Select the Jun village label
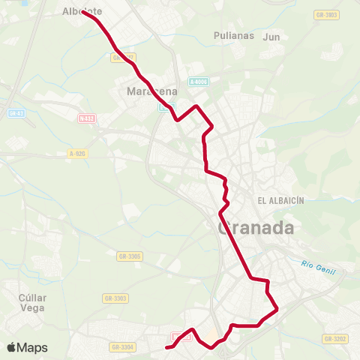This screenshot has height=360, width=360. click(271, 35)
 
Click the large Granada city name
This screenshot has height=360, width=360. click(255, 228)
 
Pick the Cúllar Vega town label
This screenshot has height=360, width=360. click(32, 302)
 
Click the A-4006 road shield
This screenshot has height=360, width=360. click(198, 82)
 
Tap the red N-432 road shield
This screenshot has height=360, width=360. click(87, 118)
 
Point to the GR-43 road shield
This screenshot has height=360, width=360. click(15, 113)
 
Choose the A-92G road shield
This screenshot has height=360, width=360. click(77, 153)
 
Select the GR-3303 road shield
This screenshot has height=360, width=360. click(115, 298)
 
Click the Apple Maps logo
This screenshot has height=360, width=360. click(27, 347)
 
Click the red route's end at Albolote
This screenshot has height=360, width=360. click(84, 13)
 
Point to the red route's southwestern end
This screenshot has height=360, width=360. click(166, 347)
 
